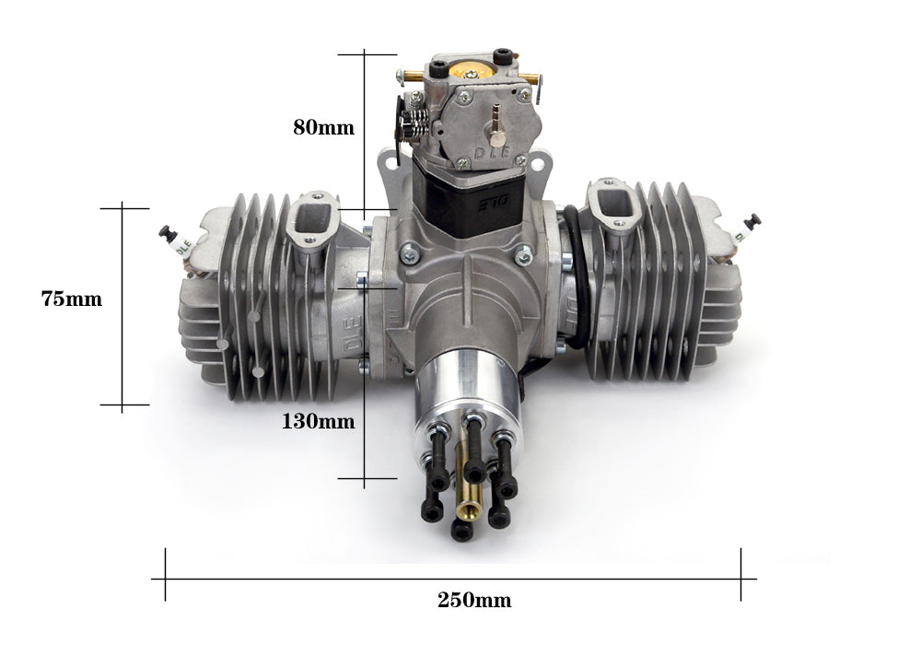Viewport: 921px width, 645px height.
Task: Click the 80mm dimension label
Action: pyautogui.click(x=323, y=128)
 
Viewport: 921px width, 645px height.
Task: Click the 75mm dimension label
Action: pyautogui.click(x=71, y=299)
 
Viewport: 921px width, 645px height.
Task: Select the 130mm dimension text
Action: pyautogui.click(x=319, y=422)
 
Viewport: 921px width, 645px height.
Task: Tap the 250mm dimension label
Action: pyautogui.click(x=473, y=601)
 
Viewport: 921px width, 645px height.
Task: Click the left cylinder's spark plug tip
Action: pyautogui.click(x=166, y=232)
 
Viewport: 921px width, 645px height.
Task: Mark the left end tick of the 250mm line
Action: pyautogui.click(x=166, y=578)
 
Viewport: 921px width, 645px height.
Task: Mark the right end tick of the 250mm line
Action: pyautogui.click(x=741, y=578)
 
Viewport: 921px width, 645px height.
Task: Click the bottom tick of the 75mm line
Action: pyautogui.click(x=123, y=404)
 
